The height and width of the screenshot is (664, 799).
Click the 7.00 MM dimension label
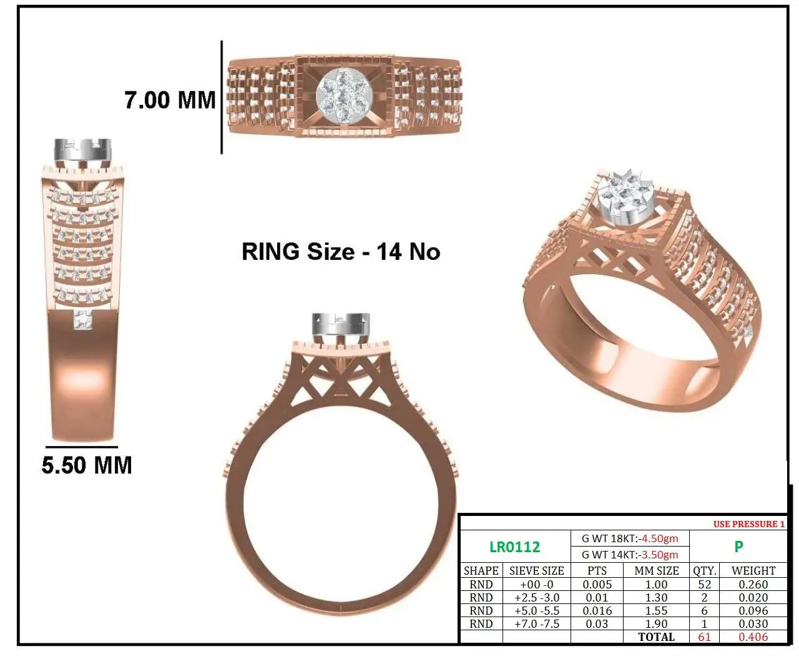(x=170, y=101)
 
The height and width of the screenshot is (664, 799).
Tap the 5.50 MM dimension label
(x=87, y=465)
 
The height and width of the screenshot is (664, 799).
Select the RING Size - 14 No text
(x=341, y=252)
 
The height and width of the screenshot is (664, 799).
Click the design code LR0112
(x=515, y=547)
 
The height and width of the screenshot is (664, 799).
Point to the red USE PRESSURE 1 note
(x=749, y=524)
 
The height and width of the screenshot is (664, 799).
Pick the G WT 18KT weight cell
(x=630, y=538)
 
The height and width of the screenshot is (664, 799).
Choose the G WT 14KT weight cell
(x=630, y=555)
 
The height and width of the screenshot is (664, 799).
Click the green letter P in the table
(x=738, y=547)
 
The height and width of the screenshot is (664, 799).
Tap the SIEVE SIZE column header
(x=536, y=571)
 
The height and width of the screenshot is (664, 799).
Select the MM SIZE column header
(x=657, y=571)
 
